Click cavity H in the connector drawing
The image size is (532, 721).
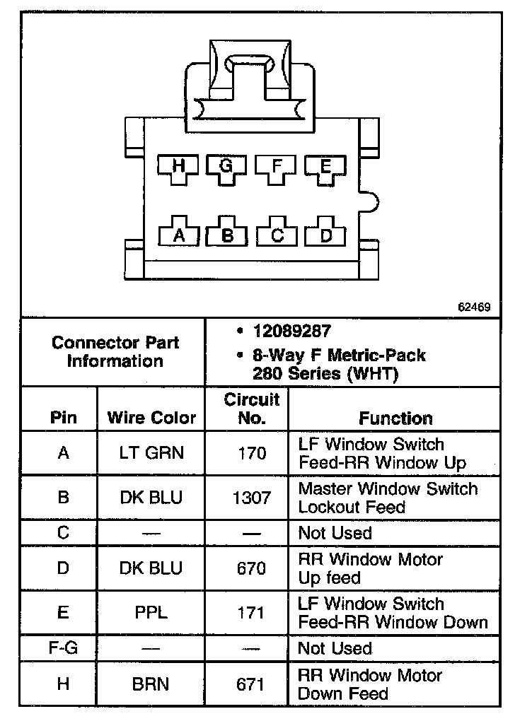coord(178,167)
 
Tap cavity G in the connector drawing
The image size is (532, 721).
coord(226,167)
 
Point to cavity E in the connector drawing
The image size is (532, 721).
coord(325,167)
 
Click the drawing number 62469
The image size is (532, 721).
coord(473,308)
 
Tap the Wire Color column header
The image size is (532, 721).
coord(151,417)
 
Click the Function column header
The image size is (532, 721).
coord(395,418)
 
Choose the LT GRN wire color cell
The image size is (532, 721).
coord(151,453)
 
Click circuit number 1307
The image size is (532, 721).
coord(252,498)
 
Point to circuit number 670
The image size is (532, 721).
coord(252,568)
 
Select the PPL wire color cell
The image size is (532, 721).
coord(151,613)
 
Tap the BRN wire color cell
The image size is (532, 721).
coord(151,684)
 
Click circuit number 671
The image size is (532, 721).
coord(252,684)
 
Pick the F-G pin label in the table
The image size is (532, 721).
coord(63,647)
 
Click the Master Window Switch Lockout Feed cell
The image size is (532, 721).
coord(388,498)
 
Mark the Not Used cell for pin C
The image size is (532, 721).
coord(335,532)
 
